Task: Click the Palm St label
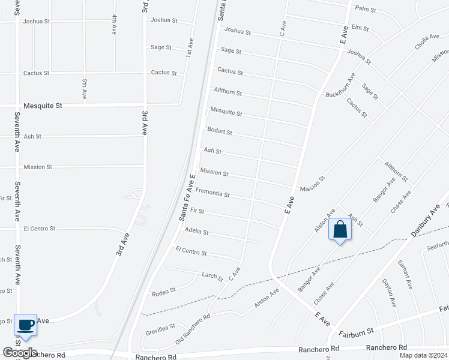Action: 365,10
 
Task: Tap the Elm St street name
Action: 360,28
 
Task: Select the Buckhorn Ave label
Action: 349,86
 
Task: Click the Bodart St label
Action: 219,131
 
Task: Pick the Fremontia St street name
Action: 212,193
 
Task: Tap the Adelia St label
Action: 197,231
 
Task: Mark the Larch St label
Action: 212,276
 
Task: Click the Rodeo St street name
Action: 164,290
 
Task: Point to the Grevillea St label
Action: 160,329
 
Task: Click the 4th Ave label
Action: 114,25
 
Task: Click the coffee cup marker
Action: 25,325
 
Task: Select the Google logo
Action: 20,353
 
